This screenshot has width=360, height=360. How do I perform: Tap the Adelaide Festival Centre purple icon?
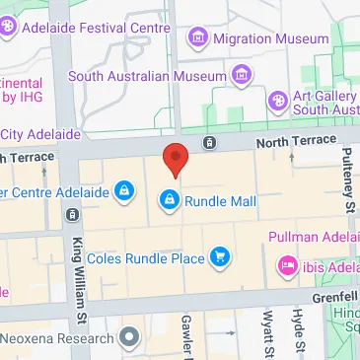coord(9,31)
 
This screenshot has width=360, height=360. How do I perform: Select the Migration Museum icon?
coord(198,37)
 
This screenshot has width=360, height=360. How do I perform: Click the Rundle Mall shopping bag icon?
coord(169,201)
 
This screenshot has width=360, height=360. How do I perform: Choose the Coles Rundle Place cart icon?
coord(220,258)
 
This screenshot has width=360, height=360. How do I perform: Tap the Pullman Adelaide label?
coord(313,238)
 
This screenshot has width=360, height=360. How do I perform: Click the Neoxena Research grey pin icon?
coord(127,338)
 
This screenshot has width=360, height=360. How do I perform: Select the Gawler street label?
coord(186,336)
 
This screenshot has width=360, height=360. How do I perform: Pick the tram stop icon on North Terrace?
coord(210,143)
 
